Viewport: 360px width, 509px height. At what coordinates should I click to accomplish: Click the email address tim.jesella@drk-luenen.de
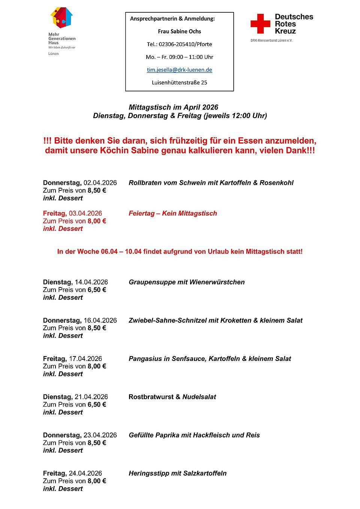coord(179,70)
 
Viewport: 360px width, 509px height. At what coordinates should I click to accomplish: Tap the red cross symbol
coord(260,24)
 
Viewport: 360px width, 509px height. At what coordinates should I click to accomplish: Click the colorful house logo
coord(61,18)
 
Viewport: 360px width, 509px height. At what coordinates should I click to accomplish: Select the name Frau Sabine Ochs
coord(179,31)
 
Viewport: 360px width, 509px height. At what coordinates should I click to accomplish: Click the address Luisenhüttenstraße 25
coord(179,82)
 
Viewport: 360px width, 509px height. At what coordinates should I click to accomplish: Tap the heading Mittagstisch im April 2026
coord(173,107)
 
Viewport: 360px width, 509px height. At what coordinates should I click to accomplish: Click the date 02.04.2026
coord(100,183)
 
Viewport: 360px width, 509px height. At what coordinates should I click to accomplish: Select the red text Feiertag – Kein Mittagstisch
coord(172,213)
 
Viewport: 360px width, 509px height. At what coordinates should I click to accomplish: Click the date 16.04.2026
coord(100,320)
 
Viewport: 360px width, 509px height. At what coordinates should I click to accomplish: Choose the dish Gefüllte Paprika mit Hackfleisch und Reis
coord(194,435)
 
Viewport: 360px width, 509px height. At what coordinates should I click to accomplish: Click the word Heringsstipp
coord(149,473)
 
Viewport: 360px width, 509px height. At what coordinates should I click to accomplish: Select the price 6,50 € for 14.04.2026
coord(97,290)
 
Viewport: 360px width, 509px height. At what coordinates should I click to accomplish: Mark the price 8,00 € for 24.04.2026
coord(97,481)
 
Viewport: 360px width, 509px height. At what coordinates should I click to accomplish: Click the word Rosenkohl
coord(276,183)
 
